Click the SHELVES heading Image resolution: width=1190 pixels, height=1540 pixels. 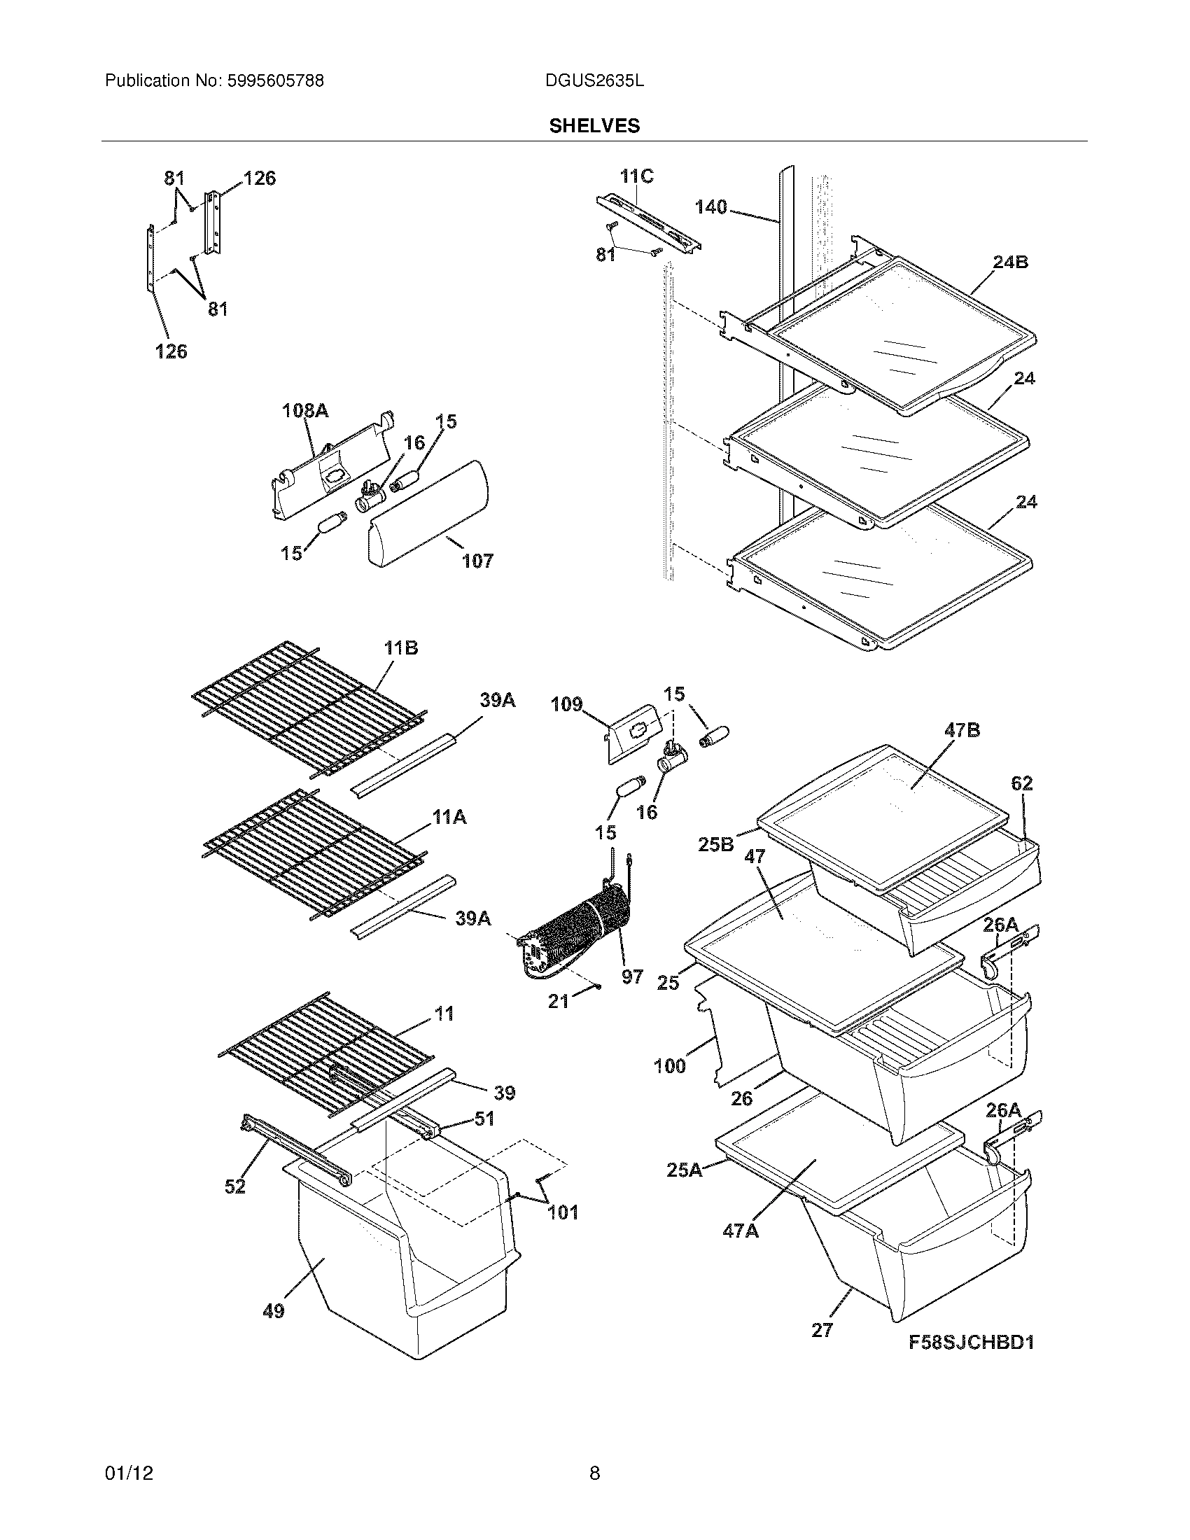pyautogui.click(x=594, y=125)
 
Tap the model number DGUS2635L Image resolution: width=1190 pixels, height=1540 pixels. pyautogui.click(x=594, y=81)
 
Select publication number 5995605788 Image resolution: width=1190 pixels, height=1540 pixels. pyautogui.click(x=275, y=81)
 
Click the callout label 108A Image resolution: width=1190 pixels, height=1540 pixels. pyautogui.click(x=305, y=410)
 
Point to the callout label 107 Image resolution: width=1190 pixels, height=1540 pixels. pyautogui.click(x=477, y=561)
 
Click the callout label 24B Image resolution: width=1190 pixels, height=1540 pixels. pyautogui.click(x=1010, y=262)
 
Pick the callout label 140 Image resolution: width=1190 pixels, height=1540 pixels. pyautogui.click(x=710, y=207)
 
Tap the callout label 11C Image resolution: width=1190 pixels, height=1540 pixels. pyautogui.click(x=636, y=176)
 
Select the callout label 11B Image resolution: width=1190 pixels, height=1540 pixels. pyautogui.click(x=400, y=648)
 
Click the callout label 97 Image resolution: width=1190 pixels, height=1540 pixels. pyautogui.click(x=632, y=976)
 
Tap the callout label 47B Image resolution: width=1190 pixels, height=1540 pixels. pyautogui.click(x=962, y=731)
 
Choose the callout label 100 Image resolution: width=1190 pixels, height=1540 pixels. pyautogui.click(x=669, y=1065)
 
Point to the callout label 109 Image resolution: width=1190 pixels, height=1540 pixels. pyautogui.click(x=567, y=703)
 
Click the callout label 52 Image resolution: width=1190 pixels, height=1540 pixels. pyautogui.click(x=234, y=1186)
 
